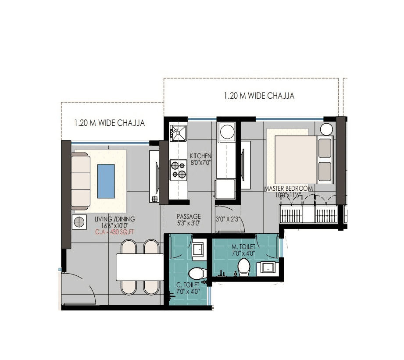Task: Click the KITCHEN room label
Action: click(x=200, y=156)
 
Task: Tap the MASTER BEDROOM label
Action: click(x=289, y=189)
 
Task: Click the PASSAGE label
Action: click(x=189, y=217)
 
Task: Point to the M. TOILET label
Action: click(x=243, y=247)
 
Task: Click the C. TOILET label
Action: click(x=188, y=285)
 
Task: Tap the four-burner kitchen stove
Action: click(x=178, y=170)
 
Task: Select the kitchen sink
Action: click(x=178, y=133)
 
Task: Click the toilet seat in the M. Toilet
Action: click(x=243, y=267)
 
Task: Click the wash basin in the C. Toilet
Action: click(x=197, y=249)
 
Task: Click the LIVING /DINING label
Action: click(x=115, y=219)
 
